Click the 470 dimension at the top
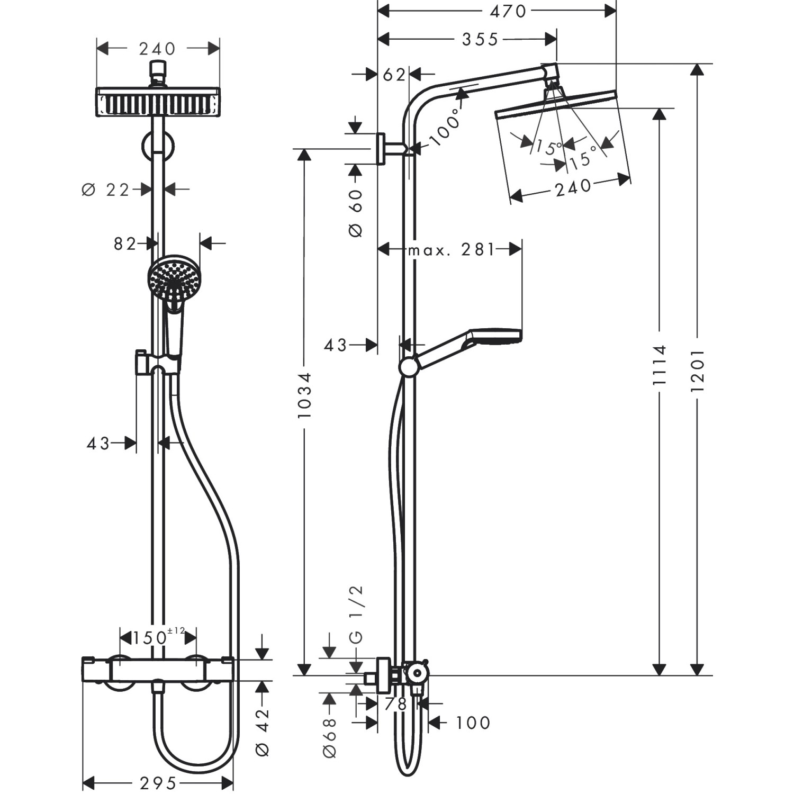pyautogui.click(x=508, y=11)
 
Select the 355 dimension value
pyautogui.click(x=480, y=39)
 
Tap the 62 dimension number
pyautogui.click(x=394, y=75)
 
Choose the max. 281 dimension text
pyautogui.click(x=451, y=249)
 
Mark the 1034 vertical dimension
pyautogui.click(x=304, y=395)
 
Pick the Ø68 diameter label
pyautogui.click(x=329, y=737)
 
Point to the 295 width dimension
pyautogui.click(x=157, y=783)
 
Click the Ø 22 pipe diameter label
pyautogui.click(x=106, y=190)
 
